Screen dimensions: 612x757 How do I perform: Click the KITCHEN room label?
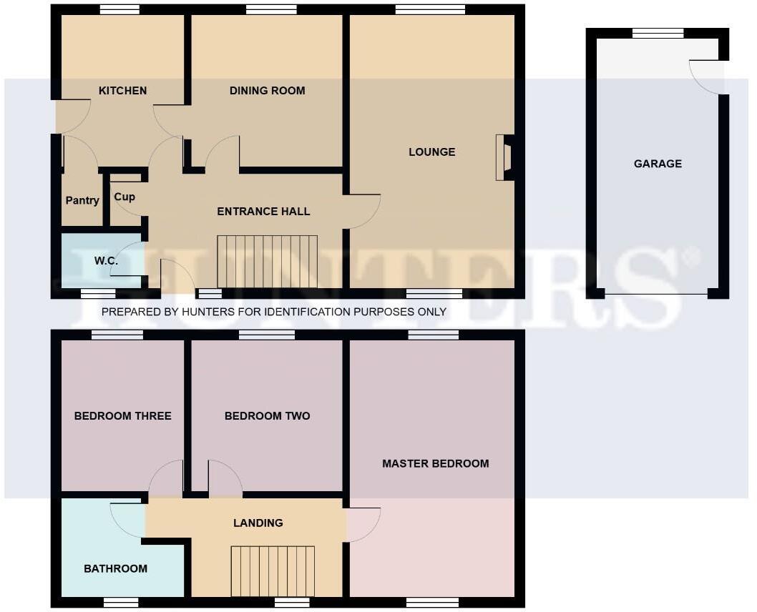(x=122, y=91)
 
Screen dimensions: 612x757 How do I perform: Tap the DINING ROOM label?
(x=267, y=91)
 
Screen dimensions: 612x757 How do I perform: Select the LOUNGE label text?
(x=431, y=152)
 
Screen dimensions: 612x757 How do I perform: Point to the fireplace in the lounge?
(x=504, y=157)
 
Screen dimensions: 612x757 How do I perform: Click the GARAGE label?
(x=658, y=164)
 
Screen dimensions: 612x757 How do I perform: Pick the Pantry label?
(x=82, y=201)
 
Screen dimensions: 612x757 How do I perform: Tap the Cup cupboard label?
(x=124, y=197)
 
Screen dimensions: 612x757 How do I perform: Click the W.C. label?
(x=106, y=261)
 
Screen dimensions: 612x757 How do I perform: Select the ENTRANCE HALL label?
(x=263, y=212)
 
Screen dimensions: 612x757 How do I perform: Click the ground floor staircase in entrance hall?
(x=268, y=261)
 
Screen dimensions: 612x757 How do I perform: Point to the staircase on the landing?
(x=273, y=571)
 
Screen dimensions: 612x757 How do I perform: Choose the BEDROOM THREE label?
(x=122, y=416)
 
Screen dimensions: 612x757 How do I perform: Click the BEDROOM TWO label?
(x=267, y=416)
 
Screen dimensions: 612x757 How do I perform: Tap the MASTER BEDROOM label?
(x=435, y=464)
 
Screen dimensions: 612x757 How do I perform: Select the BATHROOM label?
(x=115, y=569)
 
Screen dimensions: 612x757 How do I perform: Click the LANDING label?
(x=258, y=523)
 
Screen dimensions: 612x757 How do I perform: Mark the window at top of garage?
(x=658, y=33)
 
